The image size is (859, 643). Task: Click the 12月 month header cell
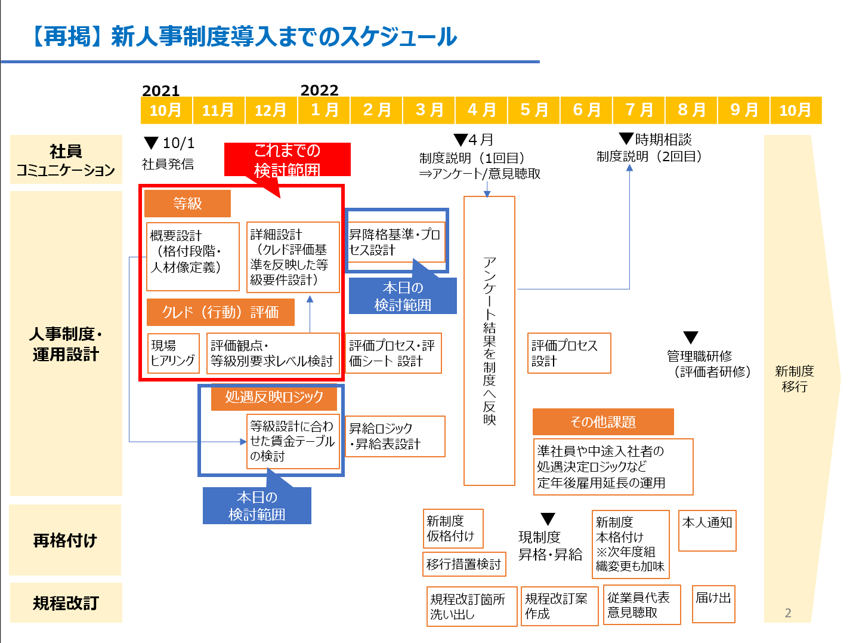pos(271,110)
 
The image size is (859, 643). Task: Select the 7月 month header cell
pos(639,110)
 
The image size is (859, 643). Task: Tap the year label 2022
pos(319,90)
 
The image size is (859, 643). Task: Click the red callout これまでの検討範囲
pos(287,159)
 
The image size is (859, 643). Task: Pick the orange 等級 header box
pos(187,204)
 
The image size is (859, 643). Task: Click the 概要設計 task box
pos(193,256)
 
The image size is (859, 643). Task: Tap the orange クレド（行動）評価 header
pos(221,312)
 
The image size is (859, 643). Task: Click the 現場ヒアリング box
pos(173,353)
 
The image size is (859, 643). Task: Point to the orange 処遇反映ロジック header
pos(274,397)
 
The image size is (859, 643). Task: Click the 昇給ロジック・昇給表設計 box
pos(395,436)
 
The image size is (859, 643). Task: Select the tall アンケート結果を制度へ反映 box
pos(489,341)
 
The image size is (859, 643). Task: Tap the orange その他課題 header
pos(603,422)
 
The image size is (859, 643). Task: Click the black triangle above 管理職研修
pos(690,338)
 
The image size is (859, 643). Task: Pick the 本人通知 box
pos(707,530)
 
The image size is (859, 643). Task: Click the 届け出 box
pos(713,604)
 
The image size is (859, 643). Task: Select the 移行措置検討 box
pos(464,564)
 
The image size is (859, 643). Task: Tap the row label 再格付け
pos(65,540)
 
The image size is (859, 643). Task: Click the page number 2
pos(788,613)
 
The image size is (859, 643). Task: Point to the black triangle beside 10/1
pos(152,143)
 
